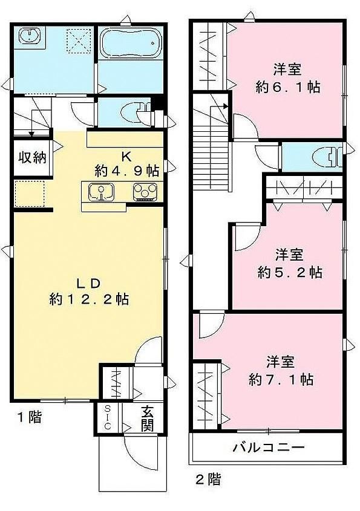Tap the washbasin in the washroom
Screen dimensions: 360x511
pyautogui.click(x=30, y=36)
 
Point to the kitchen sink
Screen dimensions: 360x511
pyautogui.click(x=102, y=191)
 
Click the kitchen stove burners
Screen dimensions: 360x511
pyautogui.click(x=145, y=191)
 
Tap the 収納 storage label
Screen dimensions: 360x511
pyautogui.click(x=32, y=158)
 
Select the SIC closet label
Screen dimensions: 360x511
pyautogui.click(x=108, y=417)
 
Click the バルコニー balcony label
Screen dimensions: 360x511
pyautogui.click(x=269, y=447)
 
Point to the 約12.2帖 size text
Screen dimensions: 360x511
pyautogui.click(x=89, y=299)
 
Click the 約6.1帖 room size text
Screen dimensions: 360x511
pyautogui.click(x=288, y=87)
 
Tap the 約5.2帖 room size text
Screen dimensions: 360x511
pyautogui.click(x=290, y=273)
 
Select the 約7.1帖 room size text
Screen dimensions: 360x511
pyautogui.click(x=281, y=380)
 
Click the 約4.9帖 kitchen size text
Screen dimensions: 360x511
pyautogui.click(x=127, y=171)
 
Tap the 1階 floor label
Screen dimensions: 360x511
pyautogui.click(x=30, y=417)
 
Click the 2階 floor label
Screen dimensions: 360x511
pyautogui.click(x=208, y=479)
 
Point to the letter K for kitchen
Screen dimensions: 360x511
pyautogui.click(x=126, y=157)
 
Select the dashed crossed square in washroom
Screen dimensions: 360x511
pyautogui.click(x=79, y=40)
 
